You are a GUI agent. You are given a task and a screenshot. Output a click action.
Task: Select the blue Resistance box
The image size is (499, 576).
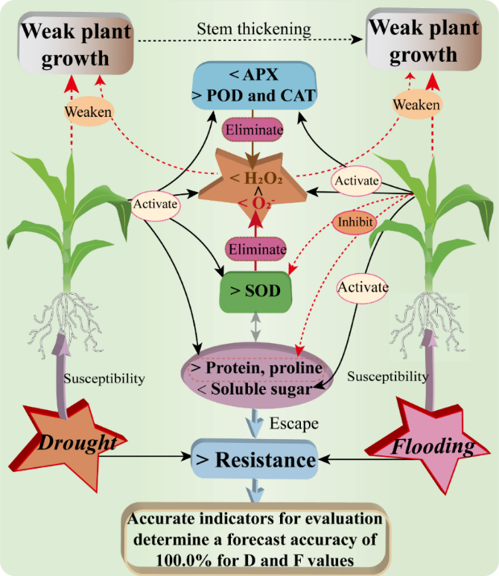pos(255,459)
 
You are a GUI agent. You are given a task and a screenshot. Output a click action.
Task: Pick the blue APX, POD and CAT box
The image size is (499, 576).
pos(255,86)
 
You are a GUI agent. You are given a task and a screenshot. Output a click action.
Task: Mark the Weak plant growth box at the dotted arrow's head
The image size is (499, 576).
pos(422,44)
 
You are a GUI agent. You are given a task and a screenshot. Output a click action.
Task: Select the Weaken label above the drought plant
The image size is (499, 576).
pos(89,111)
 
